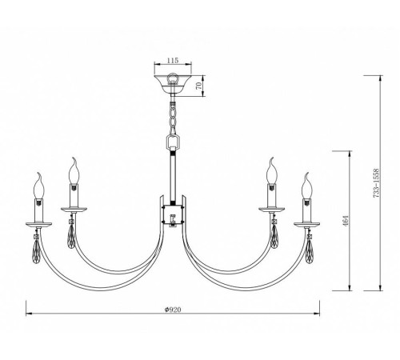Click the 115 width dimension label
click(173, 61)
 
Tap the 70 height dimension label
click(198, 86)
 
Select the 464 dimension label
click(346, 221)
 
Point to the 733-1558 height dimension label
click(376, 183)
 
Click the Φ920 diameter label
click(173, 310)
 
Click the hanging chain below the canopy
click(174, 118)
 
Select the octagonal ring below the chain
click(174, 143)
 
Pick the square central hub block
click(174, 215)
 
